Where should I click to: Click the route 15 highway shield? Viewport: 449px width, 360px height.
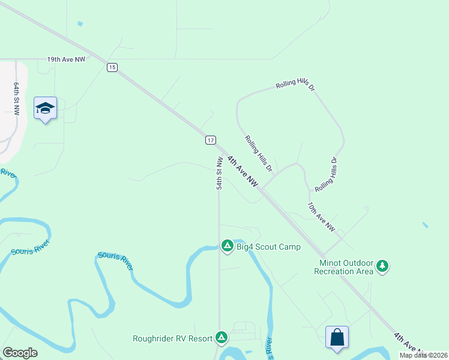[112, 67]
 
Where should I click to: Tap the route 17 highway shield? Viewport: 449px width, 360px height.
[209, 140]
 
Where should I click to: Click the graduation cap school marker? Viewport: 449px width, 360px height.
[45, 108]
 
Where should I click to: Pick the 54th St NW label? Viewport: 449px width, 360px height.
[220, 173]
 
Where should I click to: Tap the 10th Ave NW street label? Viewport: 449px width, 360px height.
[321, 217]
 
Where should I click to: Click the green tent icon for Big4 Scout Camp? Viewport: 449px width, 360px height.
[228, 245]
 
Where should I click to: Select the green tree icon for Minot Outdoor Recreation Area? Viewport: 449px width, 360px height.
[382, 265]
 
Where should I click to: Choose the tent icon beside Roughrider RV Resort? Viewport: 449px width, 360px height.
[221, 338]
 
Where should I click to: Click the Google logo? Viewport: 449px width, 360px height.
[20, 353]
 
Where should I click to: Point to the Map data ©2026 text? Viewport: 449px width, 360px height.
[424, 355]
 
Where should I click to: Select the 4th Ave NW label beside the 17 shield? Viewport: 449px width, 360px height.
[244, 171]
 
